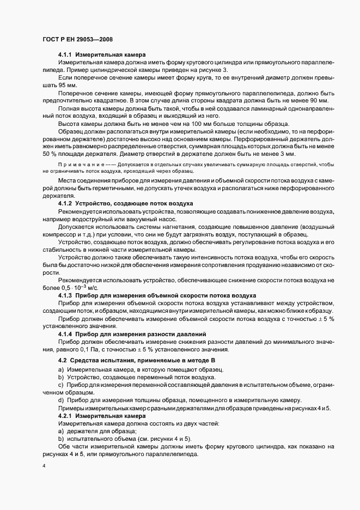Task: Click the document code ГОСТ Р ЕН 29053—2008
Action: [78, 39]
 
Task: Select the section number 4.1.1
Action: [66, 55]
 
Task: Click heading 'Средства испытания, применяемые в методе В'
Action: [139, 361]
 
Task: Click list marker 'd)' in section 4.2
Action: [60, 400]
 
